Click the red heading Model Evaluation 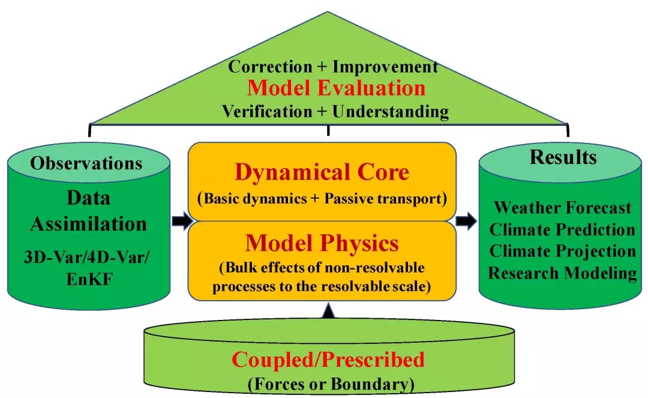click(x=336, y=88)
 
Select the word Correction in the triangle click(x=270, y=67)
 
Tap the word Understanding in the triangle click(x=391, y=112)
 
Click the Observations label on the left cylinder click(x=86, y=163)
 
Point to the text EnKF click(x=89, y=279)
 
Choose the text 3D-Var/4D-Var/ click(x=87, y=257)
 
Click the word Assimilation click(x=88, y=224)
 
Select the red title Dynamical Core click(x=322, y=172)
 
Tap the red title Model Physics click(x=322, y=243)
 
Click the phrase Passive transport click(x=383, y=198)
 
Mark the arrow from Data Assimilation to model click(x=182, y=221)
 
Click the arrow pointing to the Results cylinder click(x=466, y=221)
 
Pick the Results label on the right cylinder click(x=563, y=157)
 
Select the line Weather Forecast click(x=562, y=208)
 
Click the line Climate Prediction click(x=562, y=229)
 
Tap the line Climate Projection click(x=562, y=252)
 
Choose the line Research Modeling click(x=562, y=273)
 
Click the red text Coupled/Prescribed click(x=328, y=360)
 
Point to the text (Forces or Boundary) click(x=331, y=384)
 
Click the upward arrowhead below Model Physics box click(x=328, y=310)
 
